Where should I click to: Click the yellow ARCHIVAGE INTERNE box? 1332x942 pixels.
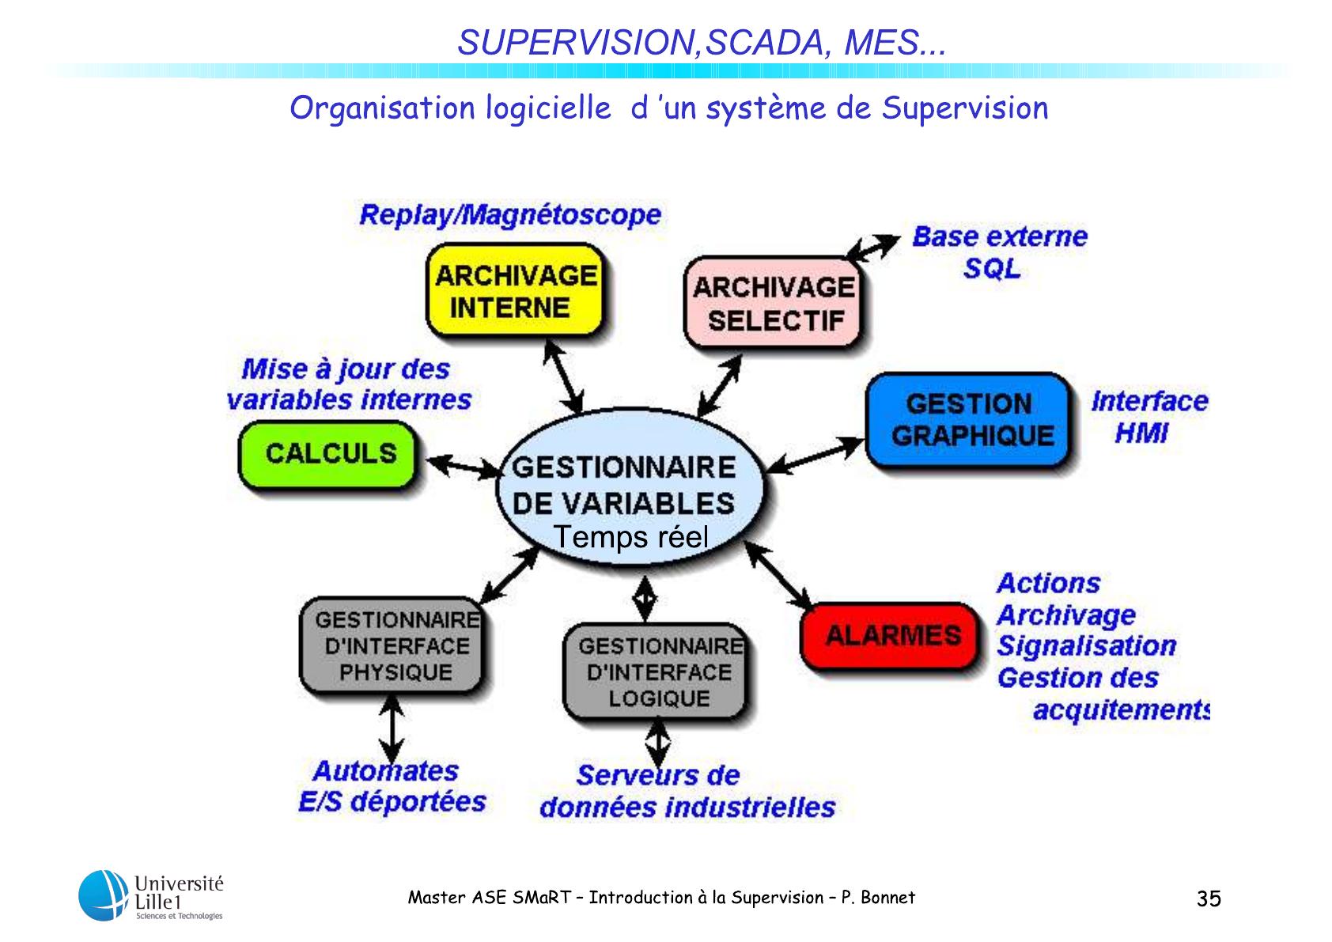click(514, 291)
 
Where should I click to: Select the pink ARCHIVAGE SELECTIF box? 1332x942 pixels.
click(773, 303)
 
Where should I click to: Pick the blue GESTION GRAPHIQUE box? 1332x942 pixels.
click(970, 420)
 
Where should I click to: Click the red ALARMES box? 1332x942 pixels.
click(891, 636)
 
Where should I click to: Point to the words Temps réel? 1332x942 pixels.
click(630, 537)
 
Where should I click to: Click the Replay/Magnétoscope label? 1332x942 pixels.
click(510, 215)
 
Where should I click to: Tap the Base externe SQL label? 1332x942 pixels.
click(998, 252)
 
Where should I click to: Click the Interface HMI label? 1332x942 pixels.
click(1148, 417)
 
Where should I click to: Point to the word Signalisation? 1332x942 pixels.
click(1086, 646)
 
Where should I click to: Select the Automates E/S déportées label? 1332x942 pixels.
click(392, 786)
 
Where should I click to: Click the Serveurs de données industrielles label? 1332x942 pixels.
click(686, 791)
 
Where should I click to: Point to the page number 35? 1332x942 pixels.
click(1209, 899)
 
